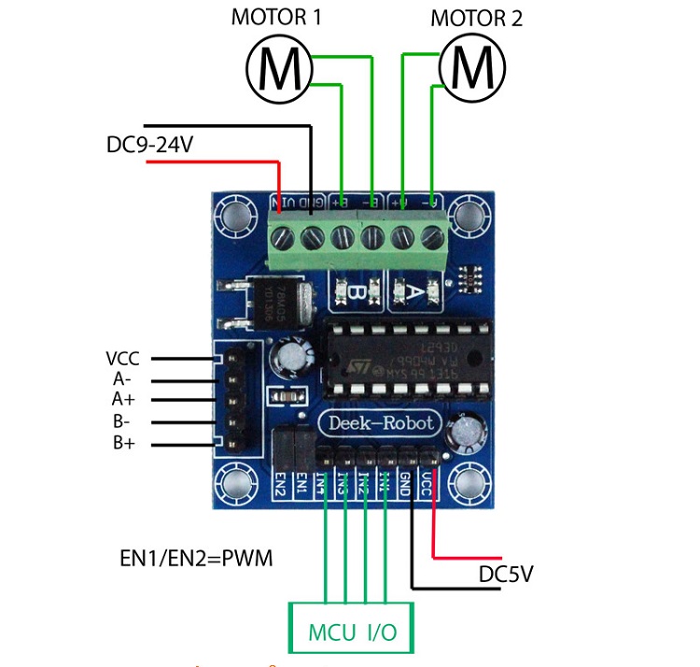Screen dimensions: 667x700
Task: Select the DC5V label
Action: (506, 574)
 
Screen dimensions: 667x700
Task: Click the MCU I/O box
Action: (353, 631)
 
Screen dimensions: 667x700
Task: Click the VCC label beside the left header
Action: (123, 358)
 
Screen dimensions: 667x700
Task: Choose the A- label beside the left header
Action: (123, 379)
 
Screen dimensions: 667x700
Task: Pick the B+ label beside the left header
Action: (123, 443)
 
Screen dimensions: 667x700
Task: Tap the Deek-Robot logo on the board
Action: (381, 423)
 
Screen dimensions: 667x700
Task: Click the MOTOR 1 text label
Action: (276, 17)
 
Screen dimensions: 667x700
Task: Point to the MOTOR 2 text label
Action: (476, 18)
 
